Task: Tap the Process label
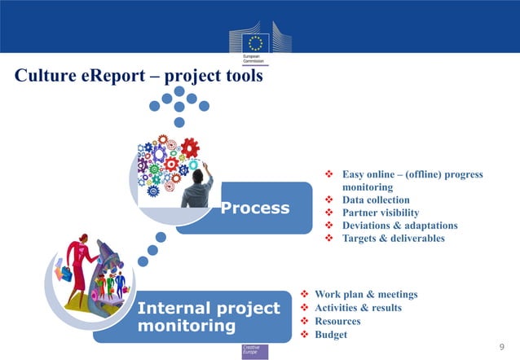pos(255,208)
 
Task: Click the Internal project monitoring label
pos(209,318)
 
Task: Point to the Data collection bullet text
pos(376,200)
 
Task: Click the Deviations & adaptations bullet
pos(399,226)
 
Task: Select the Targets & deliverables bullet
pos(394,239)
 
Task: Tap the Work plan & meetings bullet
pos(366,294)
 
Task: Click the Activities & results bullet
pos(358,308)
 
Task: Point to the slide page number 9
pos(500,348)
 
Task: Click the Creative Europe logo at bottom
pos(254,351)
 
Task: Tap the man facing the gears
pos(198,187)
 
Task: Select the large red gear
pos(190,148)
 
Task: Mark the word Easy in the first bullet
pos(353,174)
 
